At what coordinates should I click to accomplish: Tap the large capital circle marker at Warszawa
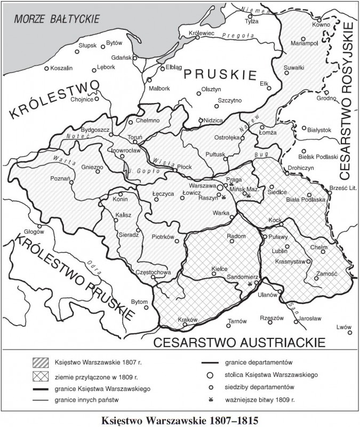[219, 188]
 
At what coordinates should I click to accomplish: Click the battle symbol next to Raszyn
[224, 197]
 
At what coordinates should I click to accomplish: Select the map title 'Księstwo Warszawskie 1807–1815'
[179, 420]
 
